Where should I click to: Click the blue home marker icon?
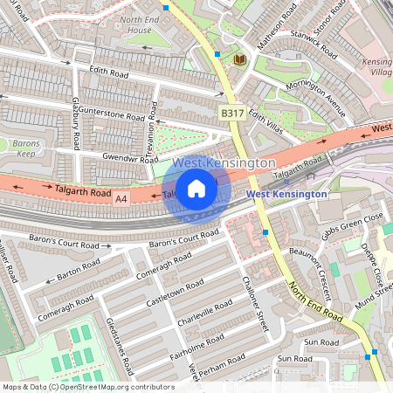point(196,189)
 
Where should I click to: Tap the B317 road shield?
point(231,114)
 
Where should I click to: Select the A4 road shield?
point(121,200)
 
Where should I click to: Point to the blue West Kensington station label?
point(286,194)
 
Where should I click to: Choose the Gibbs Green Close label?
point(352,226)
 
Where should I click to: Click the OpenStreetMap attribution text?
point(88,386)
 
